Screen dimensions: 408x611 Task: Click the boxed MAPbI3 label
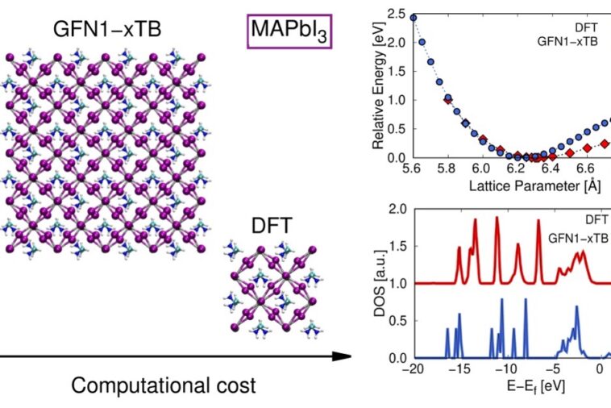click(x=290, y=33)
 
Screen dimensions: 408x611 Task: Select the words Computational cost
click(x=164, y=385)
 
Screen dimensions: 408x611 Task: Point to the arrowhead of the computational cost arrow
click(x=346, y=356)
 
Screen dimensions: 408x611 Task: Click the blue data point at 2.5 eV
click(x=414, y=17)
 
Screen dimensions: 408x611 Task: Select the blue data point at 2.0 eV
click(x=422, y=42)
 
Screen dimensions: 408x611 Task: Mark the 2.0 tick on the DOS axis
click(x=395, y=210)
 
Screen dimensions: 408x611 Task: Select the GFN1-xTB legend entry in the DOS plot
click(x=578, y=239)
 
